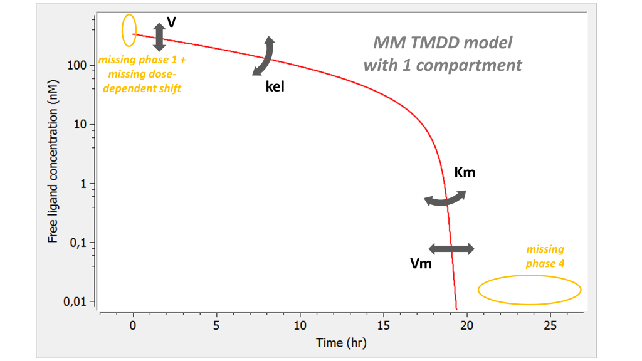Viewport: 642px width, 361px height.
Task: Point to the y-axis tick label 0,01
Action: point(75,302)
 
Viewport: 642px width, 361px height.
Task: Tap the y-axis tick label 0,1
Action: point(78,243)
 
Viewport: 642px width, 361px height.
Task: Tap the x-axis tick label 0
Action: point(133,326)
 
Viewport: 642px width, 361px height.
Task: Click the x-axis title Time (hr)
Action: point(341,343)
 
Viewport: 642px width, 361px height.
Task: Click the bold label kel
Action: point(275,87)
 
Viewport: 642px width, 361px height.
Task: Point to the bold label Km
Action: point(465,172)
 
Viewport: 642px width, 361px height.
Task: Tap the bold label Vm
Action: point(421,264)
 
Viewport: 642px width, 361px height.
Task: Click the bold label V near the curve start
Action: point(171,23)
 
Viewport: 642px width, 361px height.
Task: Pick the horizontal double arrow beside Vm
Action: point(451,249)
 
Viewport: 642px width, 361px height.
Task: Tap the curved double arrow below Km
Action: point(445,199)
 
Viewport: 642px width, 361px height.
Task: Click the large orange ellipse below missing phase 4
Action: point(530,290)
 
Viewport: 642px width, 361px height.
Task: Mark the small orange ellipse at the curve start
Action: point(129,30)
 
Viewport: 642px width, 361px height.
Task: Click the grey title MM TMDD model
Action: point(443,43)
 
